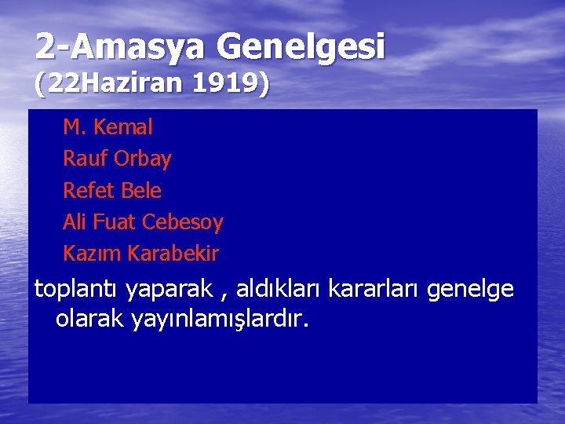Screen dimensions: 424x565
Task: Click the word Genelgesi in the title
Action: (301, 48)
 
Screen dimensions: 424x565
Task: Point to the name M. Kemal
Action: (108, 127)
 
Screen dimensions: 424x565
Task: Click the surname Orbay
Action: (142, 159)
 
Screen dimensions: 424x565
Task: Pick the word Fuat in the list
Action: (114, 222)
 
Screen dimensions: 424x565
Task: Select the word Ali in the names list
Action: (75, 222)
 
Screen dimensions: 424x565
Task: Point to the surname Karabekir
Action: (173, 254)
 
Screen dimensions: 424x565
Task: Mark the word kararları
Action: (374, 290)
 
